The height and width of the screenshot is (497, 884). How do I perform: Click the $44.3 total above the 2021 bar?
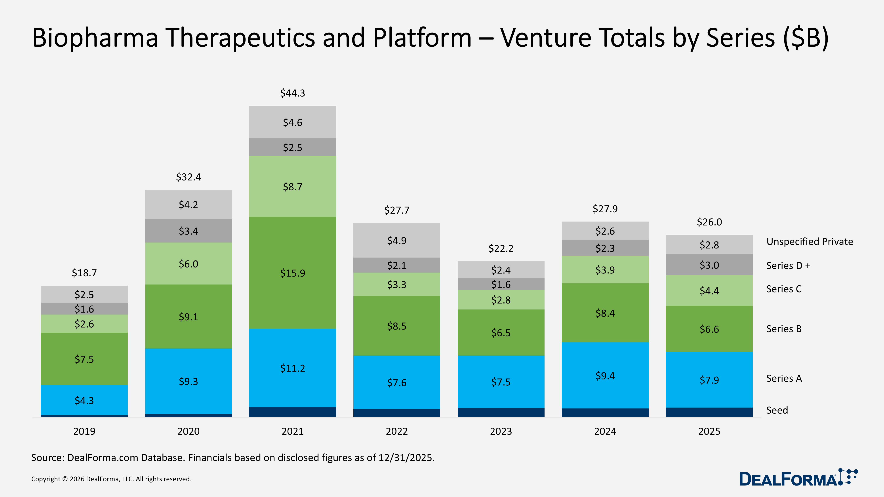coord(292,93)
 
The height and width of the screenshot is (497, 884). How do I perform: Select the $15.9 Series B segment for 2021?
coord(292,273)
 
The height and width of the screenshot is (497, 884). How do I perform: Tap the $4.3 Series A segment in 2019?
coord(84,400)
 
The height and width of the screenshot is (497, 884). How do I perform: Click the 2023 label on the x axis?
coord(501,431)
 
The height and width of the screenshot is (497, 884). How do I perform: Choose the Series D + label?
coord(788,266)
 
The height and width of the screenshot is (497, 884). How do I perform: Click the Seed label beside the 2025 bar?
coord(777,410)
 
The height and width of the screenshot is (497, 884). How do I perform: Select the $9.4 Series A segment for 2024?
coord(605,376)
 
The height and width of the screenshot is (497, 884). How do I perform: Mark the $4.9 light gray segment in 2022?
coord(397,241)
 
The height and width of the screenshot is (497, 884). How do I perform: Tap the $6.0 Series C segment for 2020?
coord(188,264)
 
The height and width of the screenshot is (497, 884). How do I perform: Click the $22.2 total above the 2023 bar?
coord(501,248)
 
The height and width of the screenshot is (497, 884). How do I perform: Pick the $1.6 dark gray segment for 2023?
coord(501,284)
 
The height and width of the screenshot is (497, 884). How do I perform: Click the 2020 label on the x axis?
coord(188,431)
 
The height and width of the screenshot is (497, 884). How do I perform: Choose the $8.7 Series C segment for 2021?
coord(292,187)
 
